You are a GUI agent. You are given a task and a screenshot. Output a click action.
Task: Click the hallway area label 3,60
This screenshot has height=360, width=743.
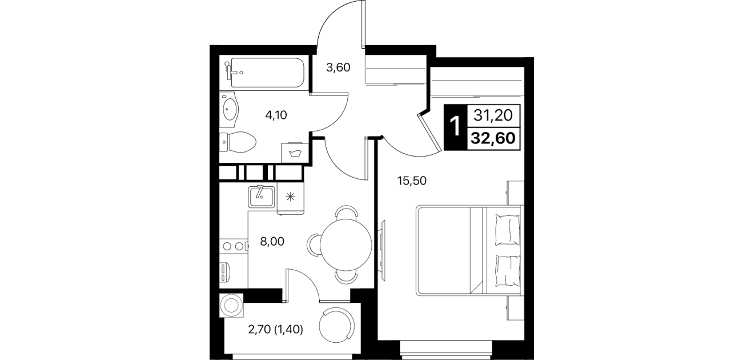[x=338, y=67]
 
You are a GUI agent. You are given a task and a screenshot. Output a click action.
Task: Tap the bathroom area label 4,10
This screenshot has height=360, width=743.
[x=276, y=115]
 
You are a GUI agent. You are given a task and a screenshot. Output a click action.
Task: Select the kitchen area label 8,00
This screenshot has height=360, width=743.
[x=272, y=242]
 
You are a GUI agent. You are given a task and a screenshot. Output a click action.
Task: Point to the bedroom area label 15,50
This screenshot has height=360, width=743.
[x=412, y=181]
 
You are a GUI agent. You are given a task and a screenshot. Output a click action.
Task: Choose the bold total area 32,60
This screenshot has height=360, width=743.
[x=493, y=138]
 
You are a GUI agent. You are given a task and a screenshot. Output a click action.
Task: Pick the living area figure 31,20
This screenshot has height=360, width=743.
[x=493, y=115]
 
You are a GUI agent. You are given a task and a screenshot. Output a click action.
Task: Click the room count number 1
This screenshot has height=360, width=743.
[x=455, y=126]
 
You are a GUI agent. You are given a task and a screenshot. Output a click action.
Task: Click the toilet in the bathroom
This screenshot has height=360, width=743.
[x=238, y=142]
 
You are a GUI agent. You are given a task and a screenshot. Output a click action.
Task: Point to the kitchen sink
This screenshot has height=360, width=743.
[x=262, y=197]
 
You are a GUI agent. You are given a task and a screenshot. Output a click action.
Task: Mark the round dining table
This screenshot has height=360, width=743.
[x=346, y=245]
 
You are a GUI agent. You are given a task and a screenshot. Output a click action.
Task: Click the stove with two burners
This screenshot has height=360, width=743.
[x=234, y=246]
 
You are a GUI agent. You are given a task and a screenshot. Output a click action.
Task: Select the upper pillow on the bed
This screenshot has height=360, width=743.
[x=507, y=229]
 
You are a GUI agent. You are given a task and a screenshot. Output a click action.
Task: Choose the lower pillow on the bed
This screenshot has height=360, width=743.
[x=507, y=271]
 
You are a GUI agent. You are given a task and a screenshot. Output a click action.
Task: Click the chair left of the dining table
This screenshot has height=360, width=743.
[x=313, y=245]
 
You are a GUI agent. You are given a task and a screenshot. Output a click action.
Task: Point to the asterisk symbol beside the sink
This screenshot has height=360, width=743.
[x=290, y=197]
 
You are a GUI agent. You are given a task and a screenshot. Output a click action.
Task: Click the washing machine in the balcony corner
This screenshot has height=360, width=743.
[x=231, y=305]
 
